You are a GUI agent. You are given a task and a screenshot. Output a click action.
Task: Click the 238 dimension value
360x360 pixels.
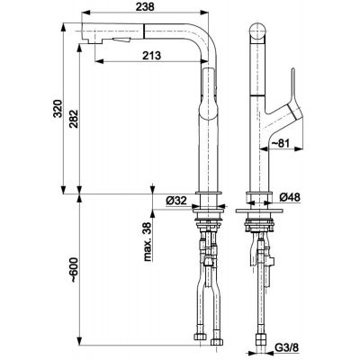(x=145, y=6)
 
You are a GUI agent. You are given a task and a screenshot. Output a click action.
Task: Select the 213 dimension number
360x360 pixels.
(x=152, y=56)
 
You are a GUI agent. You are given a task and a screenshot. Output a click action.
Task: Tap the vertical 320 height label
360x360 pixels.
(x=58, y=108)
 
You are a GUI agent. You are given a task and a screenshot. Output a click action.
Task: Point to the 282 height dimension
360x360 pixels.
(x=73, y=119)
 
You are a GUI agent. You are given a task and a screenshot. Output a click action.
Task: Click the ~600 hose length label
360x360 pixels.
(x=74, y=270)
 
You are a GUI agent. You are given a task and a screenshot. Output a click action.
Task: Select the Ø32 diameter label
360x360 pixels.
(x=176, y=201)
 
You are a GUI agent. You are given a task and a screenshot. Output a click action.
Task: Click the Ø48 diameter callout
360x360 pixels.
(x=290, y=197)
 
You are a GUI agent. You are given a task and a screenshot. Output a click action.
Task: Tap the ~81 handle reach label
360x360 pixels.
(x=280, y=144)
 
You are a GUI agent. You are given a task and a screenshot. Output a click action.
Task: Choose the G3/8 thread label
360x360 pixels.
(x=287, y=347)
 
